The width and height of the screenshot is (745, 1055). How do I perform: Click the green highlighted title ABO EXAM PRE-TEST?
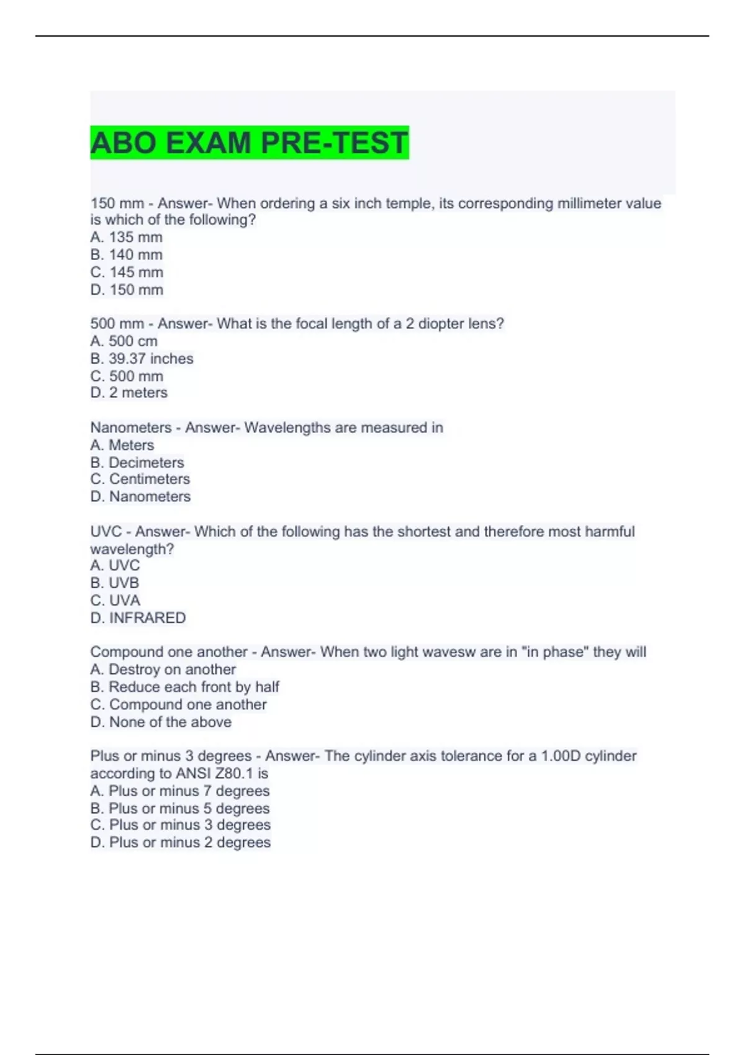(249, 143)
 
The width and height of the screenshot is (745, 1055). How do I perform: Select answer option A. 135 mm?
(126, 237)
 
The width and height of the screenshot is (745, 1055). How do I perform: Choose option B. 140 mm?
(126, 254)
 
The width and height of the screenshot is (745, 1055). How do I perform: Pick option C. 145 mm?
(127, 272)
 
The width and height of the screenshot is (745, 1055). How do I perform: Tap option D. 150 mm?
(127, 290)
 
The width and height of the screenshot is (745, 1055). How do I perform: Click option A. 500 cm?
(124, 341)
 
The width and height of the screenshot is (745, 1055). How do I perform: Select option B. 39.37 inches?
(142, 359)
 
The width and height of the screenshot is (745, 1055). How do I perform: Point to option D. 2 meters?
(129, 392)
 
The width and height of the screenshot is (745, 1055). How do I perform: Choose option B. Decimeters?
(137, 462)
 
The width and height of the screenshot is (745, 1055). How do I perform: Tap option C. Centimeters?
(140, 479)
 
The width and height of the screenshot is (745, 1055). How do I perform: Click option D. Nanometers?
(140, 496)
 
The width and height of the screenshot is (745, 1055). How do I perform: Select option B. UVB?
(114, 583)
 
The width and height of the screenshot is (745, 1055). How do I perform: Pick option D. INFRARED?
(138, 617)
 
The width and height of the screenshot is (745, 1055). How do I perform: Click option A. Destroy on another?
(163, 669)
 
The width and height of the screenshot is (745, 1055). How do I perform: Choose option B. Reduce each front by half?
(184, 687)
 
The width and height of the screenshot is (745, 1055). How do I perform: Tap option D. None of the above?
(161, 722)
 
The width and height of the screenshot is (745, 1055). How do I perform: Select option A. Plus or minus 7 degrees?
(179, 791)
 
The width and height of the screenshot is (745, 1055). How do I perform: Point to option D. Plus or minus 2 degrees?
(180, 842)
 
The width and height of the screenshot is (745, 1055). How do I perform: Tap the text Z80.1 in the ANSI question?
(234, 773)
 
